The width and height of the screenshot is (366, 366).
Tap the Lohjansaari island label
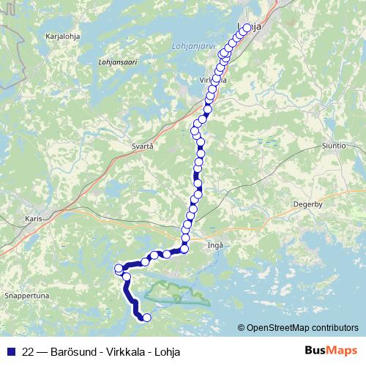(x=117, y=61)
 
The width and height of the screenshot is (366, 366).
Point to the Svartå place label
(x=142, y=146)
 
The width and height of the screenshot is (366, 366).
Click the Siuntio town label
(x=333, y=146)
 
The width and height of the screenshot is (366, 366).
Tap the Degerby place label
(x=307, y=204)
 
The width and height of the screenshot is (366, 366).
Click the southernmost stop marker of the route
(x=146, y=317)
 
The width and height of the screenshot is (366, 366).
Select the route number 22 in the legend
(x=29, y=351)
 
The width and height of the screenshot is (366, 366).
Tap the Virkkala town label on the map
(x=212, y=79)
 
